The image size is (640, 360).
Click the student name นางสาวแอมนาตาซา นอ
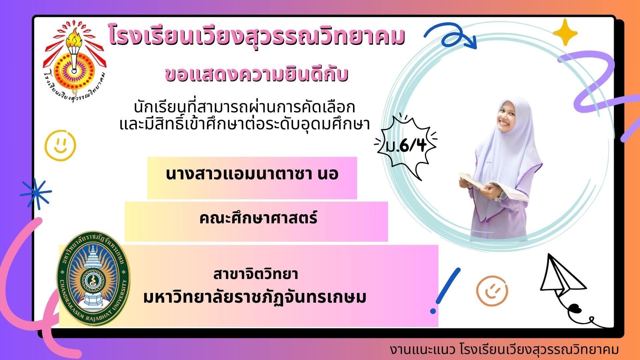point(252,174)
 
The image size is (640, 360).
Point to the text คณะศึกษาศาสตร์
point(258,218)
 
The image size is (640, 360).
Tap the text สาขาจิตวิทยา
point(256,274)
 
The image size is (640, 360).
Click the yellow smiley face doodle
point(60,145)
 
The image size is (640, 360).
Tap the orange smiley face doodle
point(492,291)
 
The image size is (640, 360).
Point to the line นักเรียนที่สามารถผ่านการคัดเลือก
point(244,107)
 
